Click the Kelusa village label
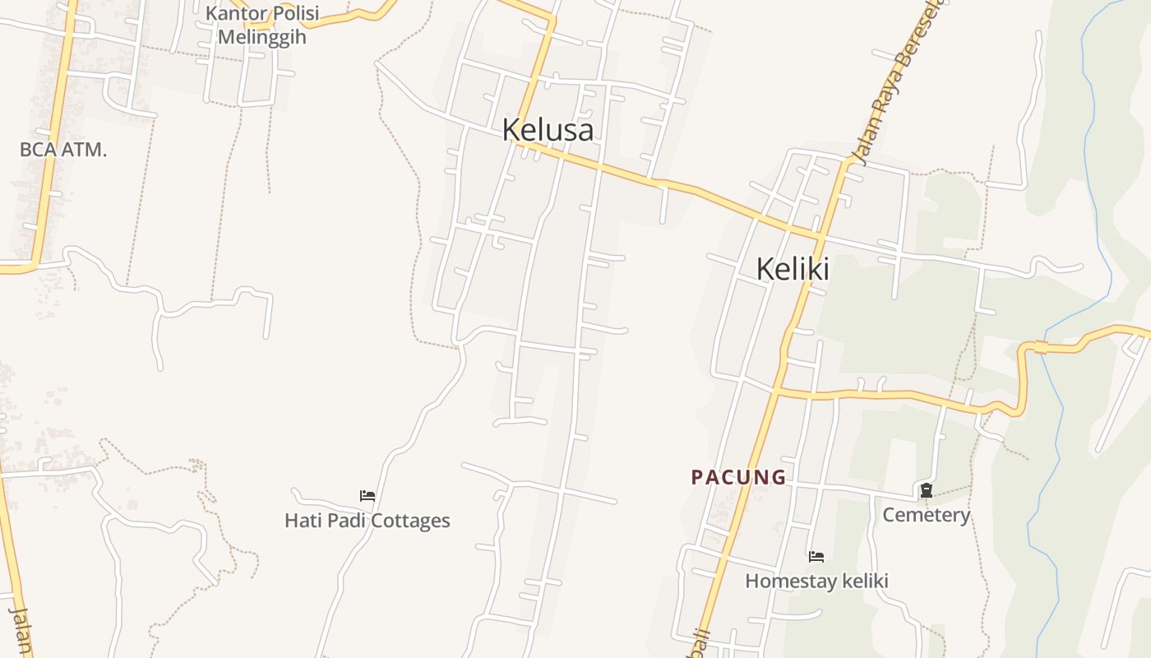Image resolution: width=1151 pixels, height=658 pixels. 548,130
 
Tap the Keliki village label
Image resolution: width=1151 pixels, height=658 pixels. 792,269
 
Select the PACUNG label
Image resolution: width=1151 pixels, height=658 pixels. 738,477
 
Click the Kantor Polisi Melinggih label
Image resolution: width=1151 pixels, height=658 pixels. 261,25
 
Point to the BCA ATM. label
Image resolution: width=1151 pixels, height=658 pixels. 63,150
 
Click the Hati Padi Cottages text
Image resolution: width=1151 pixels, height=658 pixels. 367,521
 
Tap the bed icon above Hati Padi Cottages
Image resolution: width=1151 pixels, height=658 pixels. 367,496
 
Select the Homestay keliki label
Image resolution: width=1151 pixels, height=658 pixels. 816,581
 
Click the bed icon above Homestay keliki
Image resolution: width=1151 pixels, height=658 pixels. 816,557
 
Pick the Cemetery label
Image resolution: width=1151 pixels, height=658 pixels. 927,515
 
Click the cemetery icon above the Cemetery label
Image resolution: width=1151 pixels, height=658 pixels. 927,491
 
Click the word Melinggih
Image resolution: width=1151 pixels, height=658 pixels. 261,37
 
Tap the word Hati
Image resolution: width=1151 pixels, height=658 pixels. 300,521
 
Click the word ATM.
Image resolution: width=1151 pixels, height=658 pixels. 86,150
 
